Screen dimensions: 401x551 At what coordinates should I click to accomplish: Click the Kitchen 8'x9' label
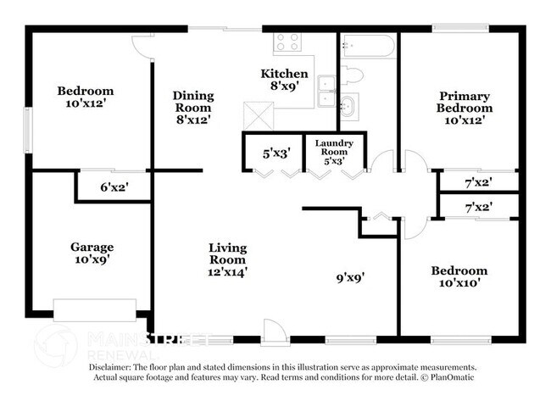(x=284, y=80)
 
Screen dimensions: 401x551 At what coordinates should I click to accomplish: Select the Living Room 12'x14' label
(x=228, y=259)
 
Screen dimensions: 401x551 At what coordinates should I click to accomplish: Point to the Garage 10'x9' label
(x=92, y=253)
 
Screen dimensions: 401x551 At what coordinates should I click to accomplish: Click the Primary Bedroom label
(x=464, y=102)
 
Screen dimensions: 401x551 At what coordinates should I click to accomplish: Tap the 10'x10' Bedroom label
(x=459, y=277)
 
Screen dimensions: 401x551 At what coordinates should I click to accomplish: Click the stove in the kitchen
(x=287, y=42)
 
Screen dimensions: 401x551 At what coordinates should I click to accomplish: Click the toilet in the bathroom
(x=352, y=75)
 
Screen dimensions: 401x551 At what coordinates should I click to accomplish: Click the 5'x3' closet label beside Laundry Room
(x=276, y=154)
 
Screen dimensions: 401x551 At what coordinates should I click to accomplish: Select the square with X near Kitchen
(x=255, y=114)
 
